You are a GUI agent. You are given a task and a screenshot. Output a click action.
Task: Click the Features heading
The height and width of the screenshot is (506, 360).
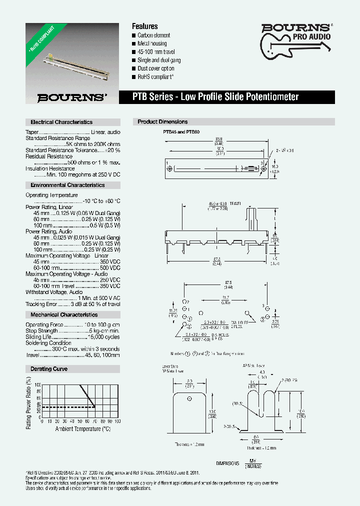144,26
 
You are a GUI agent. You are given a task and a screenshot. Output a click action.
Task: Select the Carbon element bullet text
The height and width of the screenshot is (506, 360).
154,35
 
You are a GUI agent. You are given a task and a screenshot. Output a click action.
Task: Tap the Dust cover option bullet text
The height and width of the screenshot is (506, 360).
156,68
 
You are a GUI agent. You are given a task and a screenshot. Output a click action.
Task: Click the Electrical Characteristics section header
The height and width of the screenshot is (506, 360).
61,122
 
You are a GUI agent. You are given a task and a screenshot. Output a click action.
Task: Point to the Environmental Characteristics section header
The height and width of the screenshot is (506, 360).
67,185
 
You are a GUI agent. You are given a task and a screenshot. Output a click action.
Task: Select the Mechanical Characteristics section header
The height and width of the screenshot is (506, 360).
64,315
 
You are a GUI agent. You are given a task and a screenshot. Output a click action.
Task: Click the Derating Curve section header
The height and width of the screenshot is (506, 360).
49,369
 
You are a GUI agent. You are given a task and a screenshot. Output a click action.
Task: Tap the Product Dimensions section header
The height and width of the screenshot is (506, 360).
162,122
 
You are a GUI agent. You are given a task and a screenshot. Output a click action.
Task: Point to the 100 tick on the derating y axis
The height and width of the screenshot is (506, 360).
37,384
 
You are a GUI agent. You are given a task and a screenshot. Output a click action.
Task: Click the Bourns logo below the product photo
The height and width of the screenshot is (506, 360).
72,97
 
